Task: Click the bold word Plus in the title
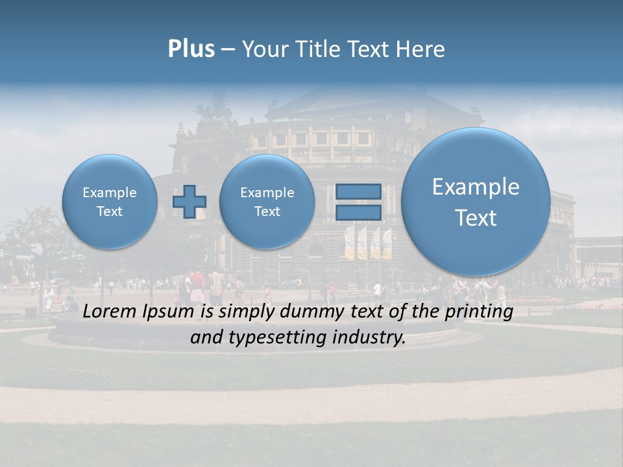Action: pos(191,49)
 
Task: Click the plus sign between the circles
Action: pos(189,201)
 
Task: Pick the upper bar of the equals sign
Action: pos(358,192)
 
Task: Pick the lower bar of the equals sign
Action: pos(358,212)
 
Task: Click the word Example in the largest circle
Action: pos(476,187)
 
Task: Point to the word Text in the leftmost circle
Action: pos(110,211)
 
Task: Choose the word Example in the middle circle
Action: pos(267,193)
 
